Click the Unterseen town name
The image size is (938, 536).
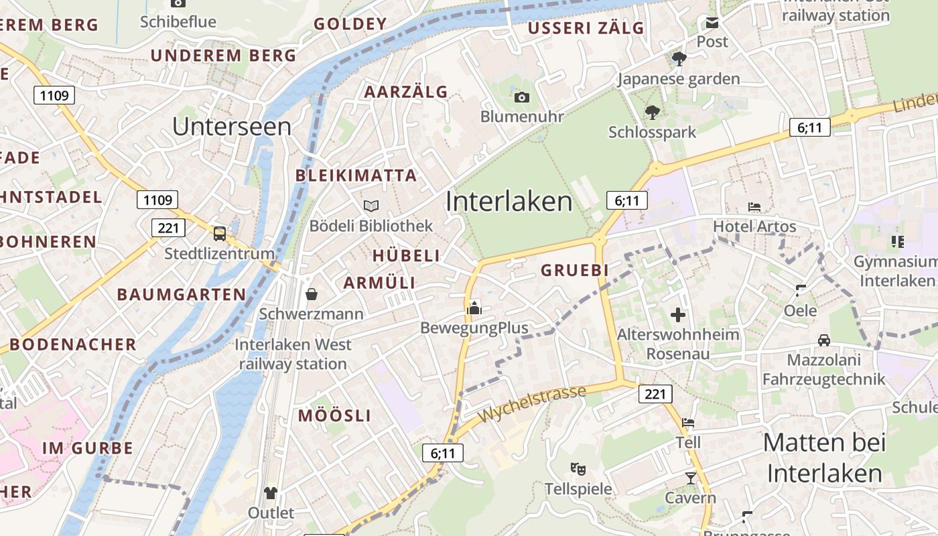pos(232,127)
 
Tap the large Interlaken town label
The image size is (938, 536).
pos(509,201)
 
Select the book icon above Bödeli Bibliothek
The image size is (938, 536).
pos(371,206)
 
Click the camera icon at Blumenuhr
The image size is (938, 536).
pos(522,98)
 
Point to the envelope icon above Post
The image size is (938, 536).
pos(712,23)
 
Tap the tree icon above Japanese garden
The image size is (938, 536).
pos(679,59)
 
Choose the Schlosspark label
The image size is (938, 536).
pos(652,132)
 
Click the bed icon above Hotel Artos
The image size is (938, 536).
pos(754,207)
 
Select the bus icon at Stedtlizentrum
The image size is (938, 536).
pos(220,234)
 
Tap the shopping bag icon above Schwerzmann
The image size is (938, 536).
pos(312,294)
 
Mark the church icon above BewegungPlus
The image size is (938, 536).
pos(474,308)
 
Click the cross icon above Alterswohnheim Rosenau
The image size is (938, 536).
pos(678,314)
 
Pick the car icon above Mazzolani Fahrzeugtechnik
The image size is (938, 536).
pos(824,340)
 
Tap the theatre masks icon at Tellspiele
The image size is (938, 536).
pos(578,469)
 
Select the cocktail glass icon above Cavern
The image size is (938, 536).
pos(691,478)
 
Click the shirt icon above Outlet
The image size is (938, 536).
pos(271,494)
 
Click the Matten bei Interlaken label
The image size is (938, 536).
pos(824,458)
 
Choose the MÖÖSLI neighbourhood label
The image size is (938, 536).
pos(334,415)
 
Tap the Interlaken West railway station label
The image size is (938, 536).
pos(293,354)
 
